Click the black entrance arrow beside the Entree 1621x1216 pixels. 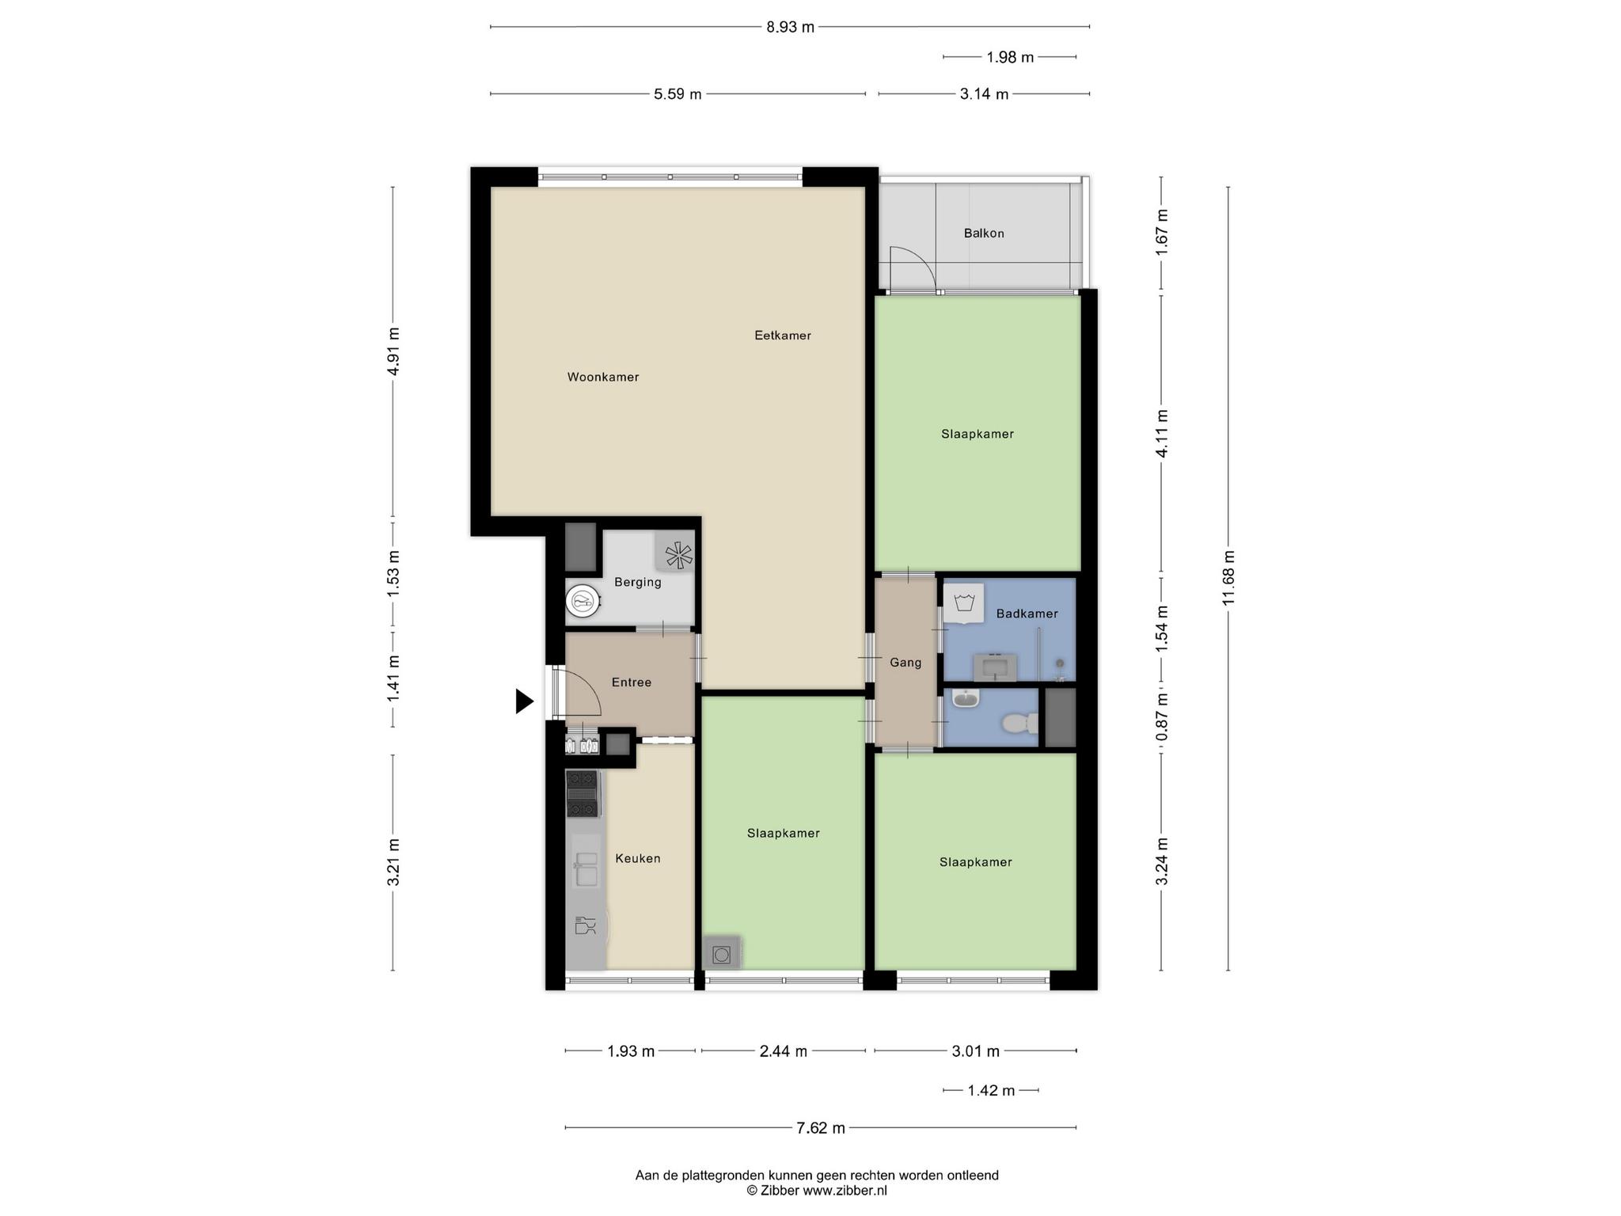pyautogui.click(x=524, y=701)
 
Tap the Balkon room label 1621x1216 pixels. pyautogui.click(x=984, y=234)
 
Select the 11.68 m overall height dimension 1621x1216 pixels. pyautogui.click(x=1228, y=578)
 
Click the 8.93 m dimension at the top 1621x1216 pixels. pyautogui.click(x=790, y=27)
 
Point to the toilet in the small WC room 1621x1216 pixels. pyautogui.click(x=1019, y=723)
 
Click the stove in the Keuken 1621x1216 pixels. pyautogui.click(x=583, y=793)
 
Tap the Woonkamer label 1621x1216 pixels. pyautogui.click(x=603, y=378)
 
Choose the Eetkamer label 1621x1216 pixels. pyautogui.click(x=783, y=336)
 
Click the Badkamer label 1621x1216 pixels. pyautogui.click(x=1027, y=614)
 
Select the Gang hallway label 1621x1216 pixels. pyautogui.click(x=905, y=663)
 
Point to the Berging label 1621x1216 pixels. pyautogui.click(x=638, y=583)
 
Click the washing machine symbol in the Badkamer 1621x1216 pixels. pyautogui.click(x=964, y=604)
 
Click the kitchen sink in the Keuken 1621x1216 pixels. pyautogui.click(x=586, y=868)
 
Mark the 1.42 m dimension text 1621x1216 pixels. pyautogui.click(x=991, y=1090)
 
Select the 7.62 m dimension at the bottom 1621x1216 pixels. pyautogui.click(x=821, y=1127)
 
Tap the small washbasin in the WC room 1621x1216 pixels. pyautogui.click(x=966, y=697)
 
